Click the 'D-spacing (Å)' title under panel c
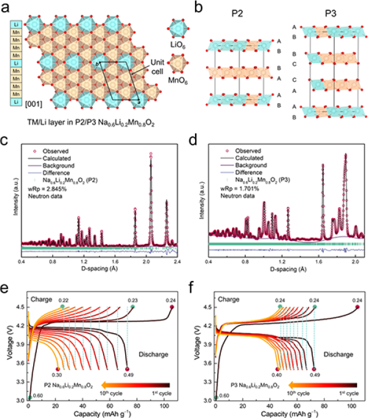tap(101, 269)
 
